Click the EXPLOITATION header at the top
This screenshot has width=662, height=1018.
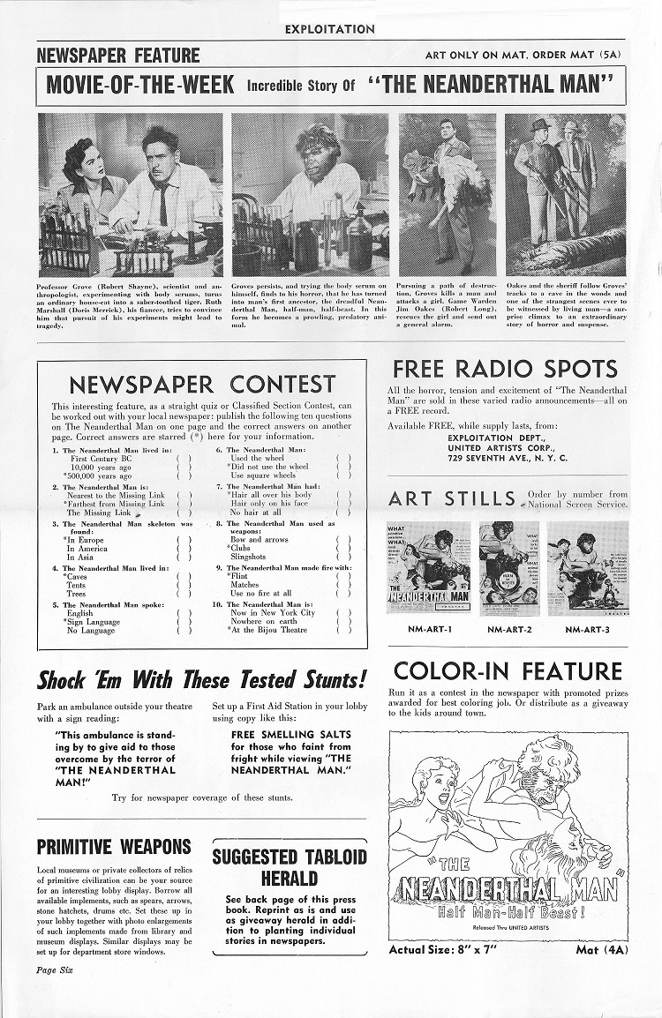pyautogui.click(x=330, y=29)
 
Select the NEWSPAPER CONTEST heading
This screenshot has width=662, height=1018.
pyautogui.click(x=202, y=385)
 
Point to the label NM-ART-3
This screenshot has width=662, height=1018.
pyautogui.click(x=587, y=630)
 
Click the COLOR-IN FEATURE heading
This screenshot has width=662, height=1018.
pyautogui.click(x=508, y=671)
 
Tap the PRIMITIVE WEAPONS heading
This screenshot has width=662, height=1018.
pyautogui.click(x=114, y=846)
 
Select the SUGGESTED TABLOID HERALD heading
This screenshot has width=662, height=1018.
pyautogui.click(x=289, y=867)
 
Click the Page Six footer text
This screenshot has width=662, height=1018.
pyautogui.click(x=55, y=969)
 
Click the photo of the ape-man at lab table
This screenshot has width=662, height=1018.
pyautogui.click(x=310, y=195)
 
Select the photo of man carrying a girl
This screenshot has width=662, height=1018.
pyautogui.click(x=447, y=195)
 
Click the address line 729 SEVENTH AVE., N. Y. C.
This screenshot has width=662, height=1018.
pyautogui.click(x=508, y=459)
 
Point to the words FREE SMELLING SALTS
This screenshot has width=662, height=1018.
pyautogui.click(x=279, y=734)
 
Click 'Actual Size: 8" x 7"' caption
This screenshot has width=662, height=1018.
pyautogui.click(x=445, y=950)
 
